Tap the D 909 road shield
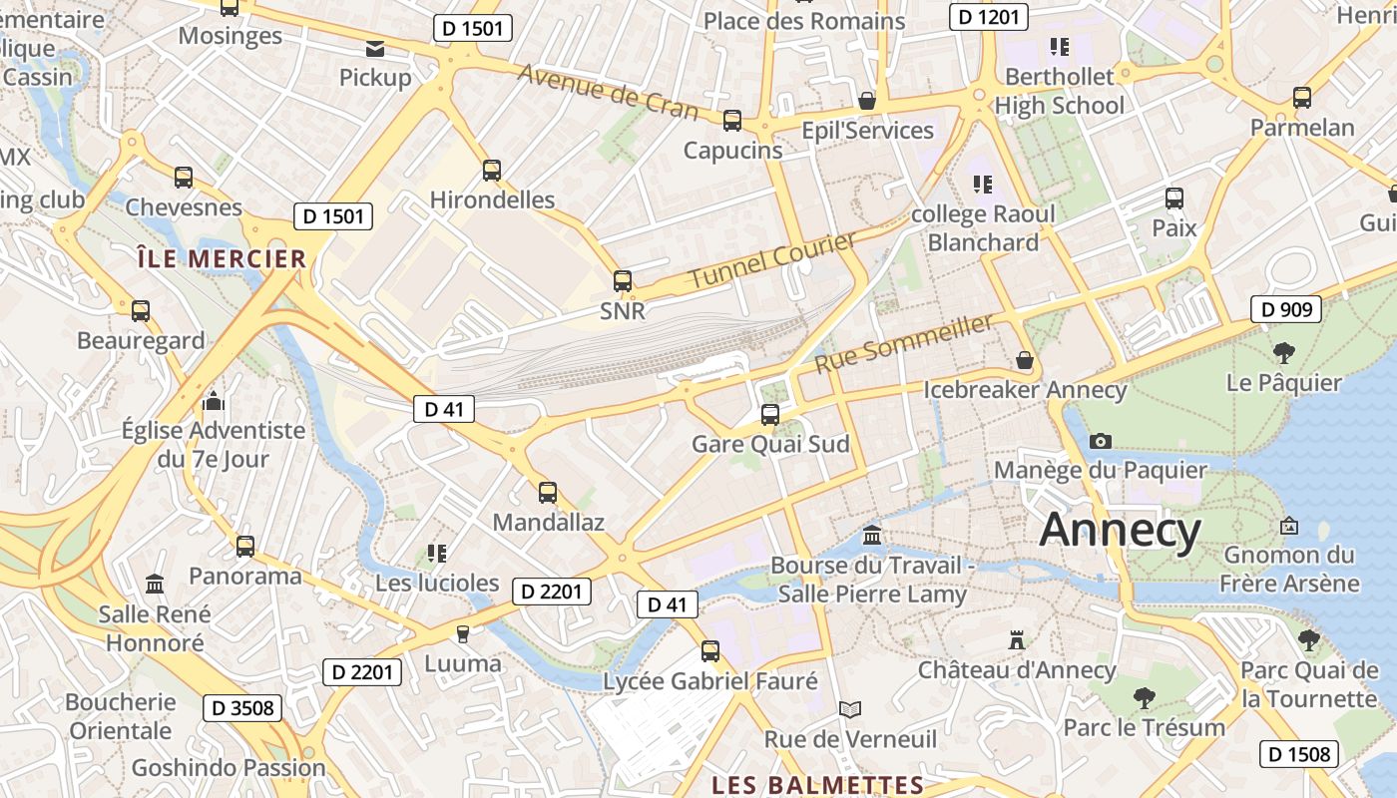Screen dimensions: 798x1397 1286,309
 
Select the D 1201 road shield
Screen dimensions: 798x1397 988,16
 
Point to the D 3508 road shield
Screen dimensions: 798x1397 242,708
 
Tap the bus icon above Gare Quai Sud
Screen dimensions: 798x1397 769,414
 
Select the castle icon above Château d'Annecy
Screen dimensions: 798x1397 1017,639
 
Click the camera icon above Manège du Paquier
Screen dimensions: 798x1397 1101,441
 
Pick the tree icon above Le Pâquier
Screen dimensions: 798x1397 1283,352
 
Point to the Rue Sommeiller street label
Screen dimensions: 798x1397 904,342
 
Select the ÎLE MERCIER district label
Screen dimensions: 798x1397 222,259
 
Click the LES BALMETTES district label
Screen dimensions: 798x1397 817,785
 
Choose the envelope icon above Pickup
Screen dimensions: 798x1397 375,48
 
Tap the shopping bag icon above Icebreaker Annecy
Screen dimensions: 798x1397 1024,360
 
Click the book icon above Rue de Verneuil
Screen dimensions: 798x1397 850,709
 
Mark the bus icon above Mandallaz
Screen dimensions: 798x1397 548,492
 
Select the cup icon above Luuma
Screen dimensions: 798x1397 462,633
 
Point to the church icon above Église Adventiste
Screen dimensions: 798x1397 213,402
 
